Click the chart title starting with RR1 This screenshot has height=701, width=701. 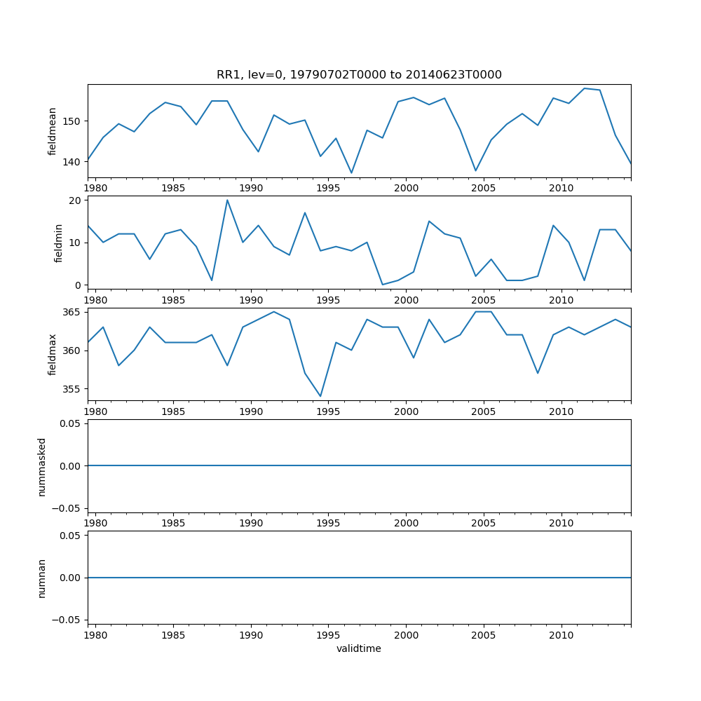(359, 75)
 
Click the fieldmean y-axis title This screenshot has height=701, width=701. (53, 131)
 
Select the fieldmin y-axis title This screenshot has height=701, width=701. (59, 243)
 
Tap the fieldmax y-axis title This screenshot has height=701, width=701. (53, 354)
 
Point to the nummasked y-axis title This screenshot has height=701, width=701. (42, 466)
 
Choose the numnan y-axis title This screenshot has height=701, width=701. (42, 578)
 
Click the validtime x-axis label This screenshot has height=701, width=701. (359, 648)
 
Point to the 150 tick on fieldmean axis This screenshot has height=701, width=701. (74, 121)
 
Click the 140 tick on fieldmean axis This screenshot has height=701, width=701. (74, 162)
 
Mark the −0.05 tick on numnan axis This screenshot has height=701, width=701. (69, 620)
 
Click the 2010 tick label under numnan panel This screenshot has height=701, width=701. (562, 635)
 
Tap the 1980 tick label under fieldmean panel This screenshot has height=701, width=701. (95, 188)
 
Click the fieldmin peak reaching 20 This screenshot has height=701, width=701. (227, 200)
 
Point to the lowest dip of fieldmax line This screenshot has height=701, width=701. (320, 397)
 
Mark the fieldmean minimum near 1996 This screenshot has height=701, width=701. (351, 173)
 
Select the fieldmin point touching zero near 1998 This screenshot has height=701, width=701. (382, 285)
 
